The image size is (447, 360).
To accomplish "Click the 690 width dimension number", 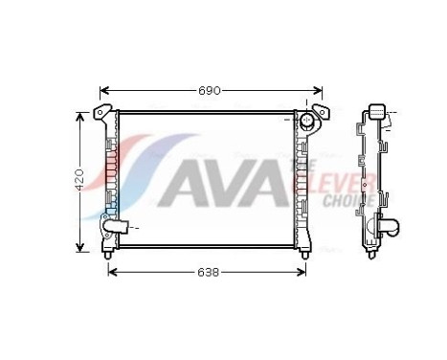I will tap(211, 91).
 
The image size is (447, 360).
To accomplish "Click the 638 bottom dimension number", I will tap(208, 272).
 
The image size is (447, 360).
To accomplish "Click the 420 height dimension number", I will tap(80, 178).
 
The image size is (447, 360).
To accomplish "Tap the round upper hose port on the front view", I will tap(307, 122).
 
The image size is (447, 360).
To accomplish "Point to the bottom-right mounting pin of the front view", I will tap(305, 253).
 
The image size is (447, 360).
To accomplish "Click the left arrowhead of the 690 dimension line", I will tap(104, 91).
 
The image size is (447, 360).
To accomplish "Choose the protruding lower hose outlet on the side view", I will tap(391, 229).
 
